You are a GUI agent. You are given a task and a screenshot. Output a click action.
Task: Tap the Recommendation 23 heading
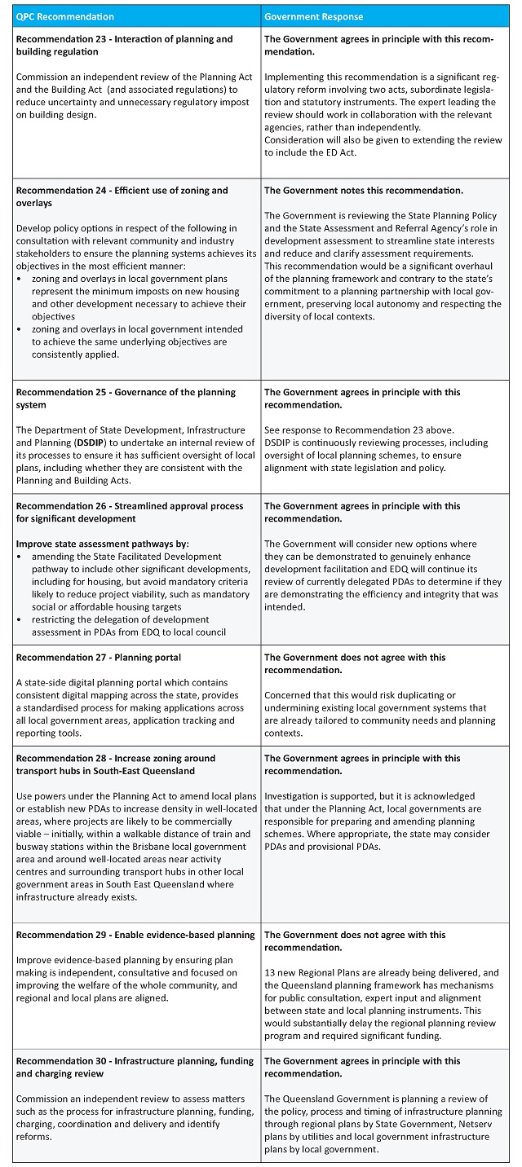pyautogui.click(x=124, y=46)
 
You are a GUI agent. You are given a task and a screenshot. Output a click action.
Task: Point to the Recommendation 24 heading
pyautogui.click(x=122, y=196)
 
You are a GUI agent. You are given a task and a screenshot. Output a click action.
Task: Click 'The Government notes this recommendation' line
pyautogui.click(x=364, y=191)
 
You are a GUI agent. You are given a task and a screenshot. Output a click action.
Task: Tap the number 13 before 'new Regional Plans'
pyautogui.click(x=270, y=972)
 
